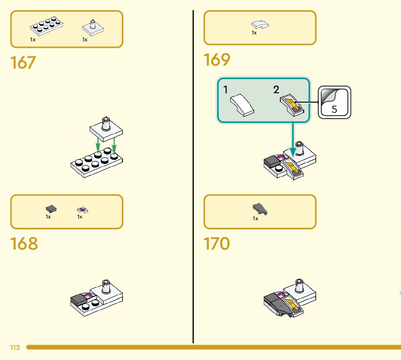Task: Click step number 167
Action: coord(24,62)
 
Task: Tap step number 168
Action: coord(24,244)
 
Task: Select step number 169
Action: coord(217,60)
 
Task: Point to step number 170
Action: coord(217,244)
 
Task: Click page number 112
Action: coord(15,348)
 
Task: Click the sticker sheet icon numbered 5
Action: coord(334,102)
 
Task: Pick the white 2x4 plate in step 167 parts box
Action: coord(46,26)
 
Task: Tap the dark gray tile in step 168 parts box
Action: coord(51,209)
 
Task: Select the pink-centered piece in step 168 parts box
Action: coord(83,210)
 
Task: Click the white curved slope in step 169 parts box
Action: coord(260,25)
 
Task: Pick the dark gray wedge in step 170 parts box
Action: coord(260,209)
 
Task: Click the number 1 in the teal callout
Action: coord(226,90)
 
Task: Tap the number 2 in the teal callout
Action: coord(277,90)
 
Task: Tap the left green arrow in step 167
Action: coord(98,147)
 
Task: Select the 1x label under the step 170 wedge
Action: coord(256,218)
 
